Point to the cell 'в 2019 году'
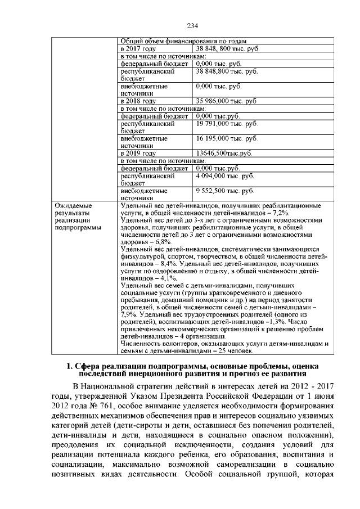[138, 153]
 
